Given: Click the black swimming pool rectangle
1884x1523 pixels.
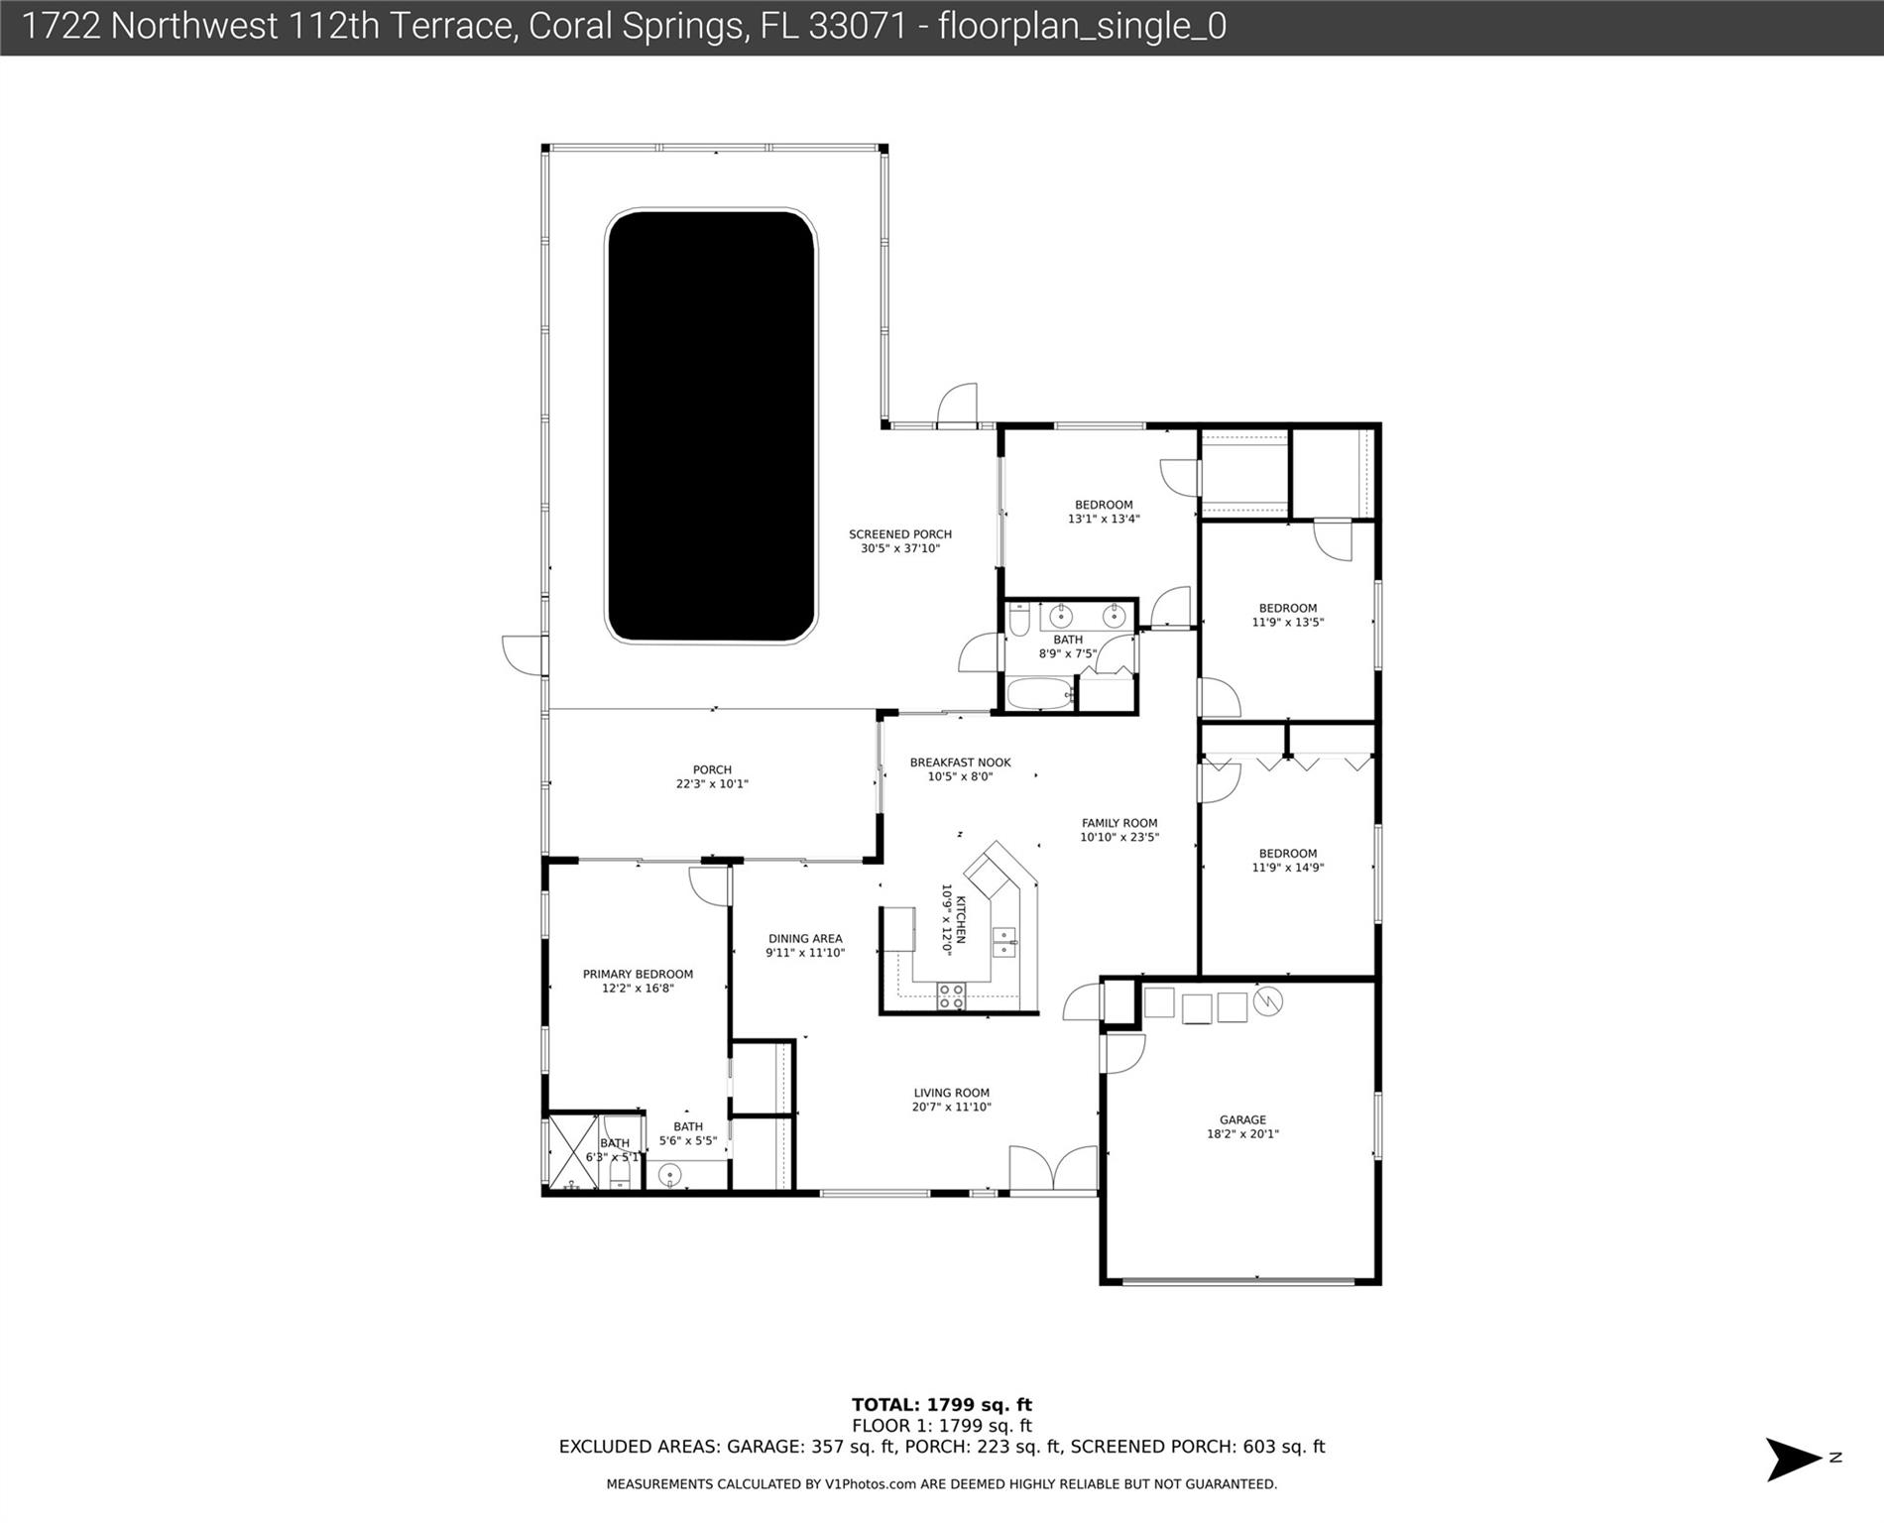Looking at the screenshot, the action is [711, 426].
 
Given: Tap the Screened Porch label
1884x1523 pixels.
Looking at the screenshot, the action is [900, 541].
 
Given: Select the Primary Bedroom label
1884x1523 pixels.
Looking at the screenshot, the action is [638, 981].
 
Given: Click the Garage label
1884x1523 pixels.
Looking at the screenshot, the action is [1242, 1126].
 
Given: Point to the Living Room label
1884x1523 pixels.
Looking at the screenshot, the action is [952, 1100].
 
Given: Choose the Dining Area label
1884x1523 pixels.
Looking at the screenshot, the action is [805, 945].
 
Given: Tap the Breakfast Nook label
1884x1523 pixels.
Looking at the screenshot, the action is [961, 769].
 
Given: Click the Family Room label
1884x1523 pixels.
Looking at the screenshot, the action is [1119, 830].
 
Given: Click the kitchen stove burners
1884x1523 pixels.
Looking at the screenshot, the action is [951, 996].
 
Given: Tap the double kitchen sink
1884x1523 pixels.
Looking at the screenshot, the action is [1004, 942].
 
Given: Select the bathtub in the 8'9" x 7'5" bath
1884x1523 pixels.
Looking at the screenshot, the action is [1040, 693].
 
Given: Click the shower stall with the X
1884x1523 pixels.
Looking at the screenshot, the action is [572, 1151].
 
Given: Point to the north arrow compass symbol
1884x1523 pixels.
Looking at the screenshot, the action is [1795, 1458].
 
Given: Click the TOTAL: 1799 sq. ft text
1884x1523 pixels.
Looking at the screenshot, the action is [942, 1404].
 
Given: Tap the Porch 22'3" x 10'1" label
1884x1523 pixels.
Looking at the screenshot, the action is [712, 776].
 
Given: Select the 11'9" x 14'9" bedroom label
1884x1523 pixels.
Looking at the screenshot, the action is [1288, 860].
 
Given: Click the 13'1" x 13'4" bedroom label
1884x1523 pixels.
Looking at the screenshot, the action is [1104, 512].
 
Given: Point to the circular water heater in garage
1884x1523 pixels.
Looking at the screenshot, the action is [1268, 1001].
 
